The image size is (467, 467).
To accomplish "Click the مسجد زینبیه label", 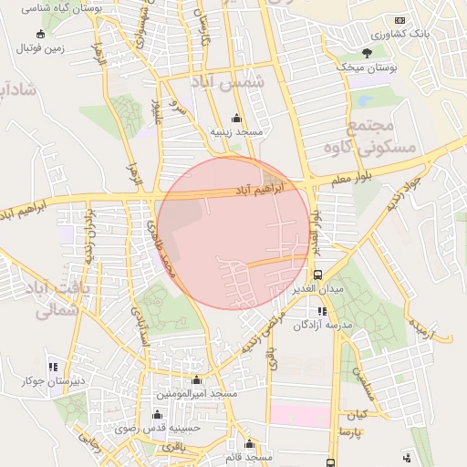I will pyautogui.click(x=237, y=131).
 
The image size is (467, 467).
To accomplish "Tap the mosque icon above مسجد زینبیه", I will pyautogui.click(x=237, y=118).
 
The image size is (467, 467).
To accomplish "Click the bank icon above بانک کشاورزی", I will pyautogui.click(x=399, y=20).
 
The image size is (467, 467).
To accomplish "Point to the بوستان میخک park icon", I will pyautogui.click(x=368, y=52).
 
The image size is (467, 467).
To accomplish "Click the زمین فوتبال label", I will pyautogui.click(x=41, y=49).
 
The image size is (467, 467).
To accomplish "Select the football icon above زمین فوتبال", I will pyautogui.click(x=39, y=35).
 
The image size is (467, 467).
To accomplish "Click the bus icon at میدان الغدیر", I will pyautogui.click(x=317, y=275).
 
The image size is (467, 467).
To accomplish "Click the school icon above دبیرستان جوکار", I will pyautogui.click(x=52, y=367).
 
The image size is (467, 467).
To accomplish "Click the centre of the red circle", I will pyautogui.click(x=234, y=233).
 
